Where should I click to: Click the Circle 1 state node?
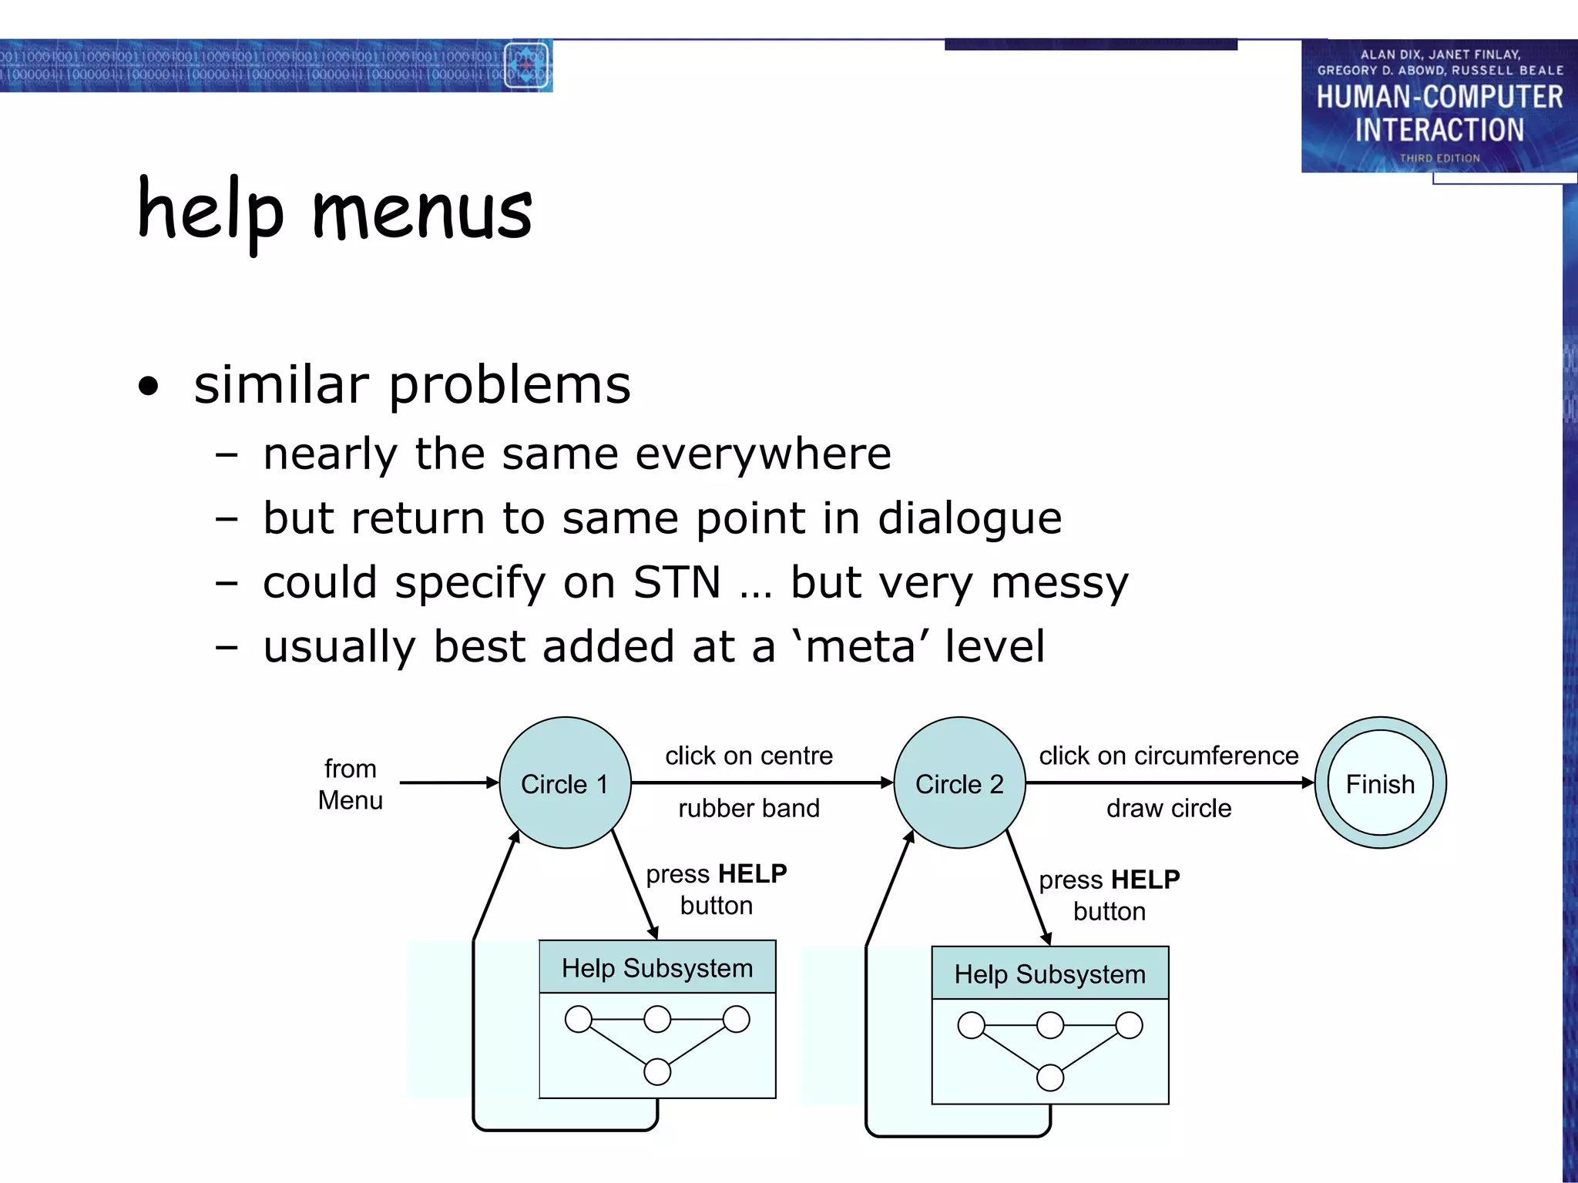tap(565, 783)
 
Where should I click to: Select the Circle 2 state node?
tap(959, 783)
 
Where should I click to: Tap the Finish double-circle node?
tap(1379, 783)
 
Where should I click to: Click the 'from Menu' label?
tap(351, 784)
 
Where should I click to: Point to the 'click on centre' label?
tap(748, 756)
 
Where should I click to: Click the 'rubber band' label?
tap(748, 808)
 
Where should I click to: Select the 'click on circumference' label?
tap(1168, 756)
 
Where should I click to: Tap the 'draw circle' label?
tap(1168, 808)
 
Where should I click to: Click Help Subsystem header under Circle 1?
tap(656, 967)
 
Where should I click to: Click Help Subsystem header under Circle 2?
tap(1049, 974)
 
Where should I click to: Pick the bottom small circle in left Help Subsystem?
tap(657, 1071)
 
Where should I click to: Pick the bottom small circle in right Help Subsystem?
tap(1050, 1077)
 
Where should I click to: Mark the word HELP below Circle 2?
tap(1145, 880)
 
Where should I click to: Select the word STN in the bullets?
tap(677, 582)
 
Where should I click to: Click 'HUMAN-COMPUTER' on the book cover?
tap(1439, 97)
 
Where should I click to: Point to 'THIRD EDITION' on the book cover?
tap(1439, 158)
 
